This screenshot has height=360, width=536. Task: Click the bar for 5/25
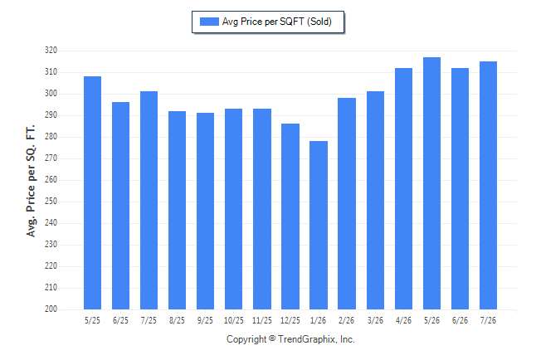coord(92,192)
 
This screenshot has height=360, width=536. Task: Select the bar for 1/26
coord(319,226)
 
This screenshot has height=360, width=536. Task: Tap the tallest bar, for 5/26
coord(431,183)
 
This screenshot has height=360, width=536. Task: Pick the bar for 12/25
coord(290,216)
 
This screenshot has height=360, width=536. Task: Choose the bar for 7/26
coord(488,185)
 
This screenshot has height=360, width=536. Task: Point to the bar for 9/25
coord(205,211)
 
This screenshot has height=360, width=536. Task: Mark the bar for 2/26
coord(347,204)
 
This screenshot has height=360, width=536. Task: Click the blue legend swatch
coord(209,22)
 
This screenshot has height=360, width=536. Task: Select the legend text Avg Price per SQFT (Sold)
coord(277,22)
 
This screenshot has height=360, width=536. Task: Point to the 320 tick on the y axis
coord(51,51)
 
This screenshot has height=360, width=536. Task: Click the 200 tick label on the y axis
coord(51,309)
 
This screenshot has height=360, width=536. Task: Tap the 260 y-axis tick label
coord(51,179)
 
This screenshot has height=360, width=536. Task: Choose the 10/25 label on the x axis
coord(234,320)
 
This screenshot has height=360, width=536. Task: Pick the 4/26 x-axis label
coord(403,320)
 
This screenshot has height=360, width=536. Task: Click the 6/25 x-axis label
coord(120,320)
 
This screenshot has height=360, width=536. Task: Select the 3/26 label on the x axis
coord(375,320)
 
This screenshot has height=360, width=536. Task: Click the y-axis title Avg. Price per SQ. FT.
coord(31,181)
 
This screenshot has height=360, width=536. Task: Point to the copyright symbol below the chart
coord(272,338)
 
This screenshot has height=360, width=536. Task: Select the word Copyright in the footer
coord(246,339)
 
